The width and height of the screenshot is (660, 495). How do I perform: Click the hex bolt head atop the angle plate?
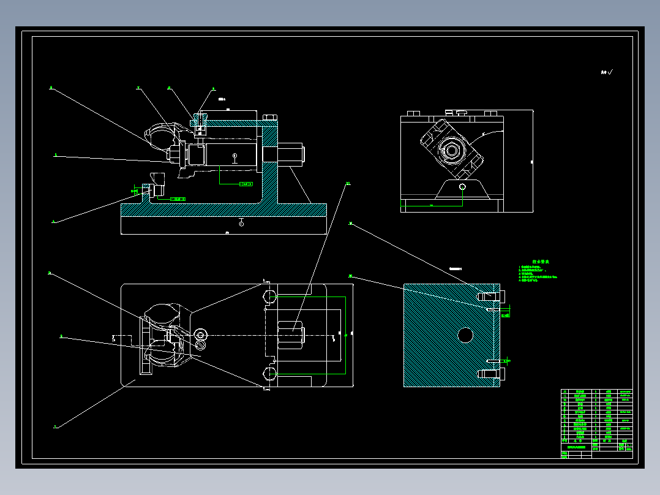point(269,118)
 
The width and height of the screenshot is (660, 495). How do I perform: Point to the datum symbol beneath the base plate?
point(242,223)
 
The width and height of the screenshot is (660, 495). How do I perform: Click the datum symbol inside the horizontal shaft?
point(235,157)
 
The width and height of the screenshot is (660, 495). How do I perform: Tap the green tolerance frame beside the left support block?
point(176,198)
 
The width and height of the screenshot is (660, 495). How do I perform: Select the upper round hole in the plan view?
point(269,297)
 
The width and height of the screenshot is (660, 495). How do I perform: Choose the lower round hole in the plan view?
point(269,374)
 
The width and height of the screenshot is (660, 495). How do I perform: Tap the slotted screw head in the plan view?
point(201,334)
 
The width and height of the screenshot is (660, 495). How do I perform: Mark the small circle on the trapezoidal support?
point(462,187)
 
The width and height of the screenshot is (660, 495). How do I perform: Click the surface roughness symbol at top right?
point(607,72)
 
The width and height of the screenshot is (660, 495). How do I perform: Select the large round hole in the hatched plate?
point(465,334)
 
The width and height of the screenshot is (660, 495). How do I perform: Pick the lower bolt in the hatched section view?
point(490,373)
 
